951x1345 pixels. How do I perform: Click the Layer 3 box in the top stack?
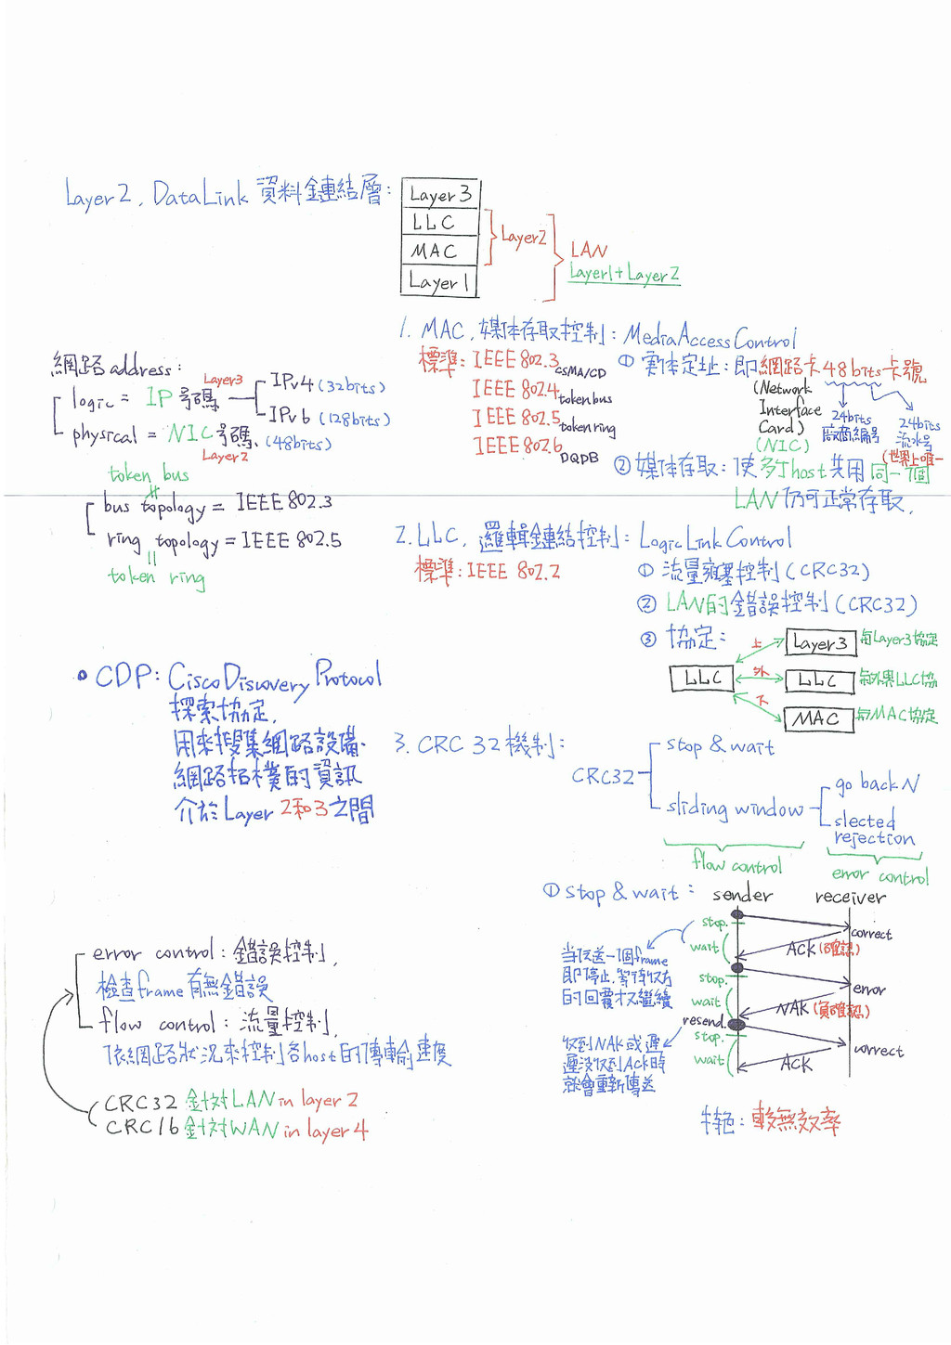[x=440, y=194]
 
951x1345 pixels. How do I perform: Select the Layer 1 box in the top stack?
[x=438, y=281]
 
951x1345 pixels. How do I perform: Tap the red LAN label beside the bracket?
[x=589, y=250]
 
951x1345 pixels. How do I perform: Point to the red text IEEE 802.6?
[x=517, y=446]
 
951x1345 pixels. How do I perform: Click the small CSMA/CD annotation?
[x=580, y=372]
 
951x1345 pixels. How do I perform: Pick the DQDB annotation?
[x=579, y=458]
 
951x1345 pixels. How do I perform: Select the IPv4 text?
[x=292, y=382]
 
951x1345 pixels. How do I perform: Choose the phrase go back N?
[x=877, y=784]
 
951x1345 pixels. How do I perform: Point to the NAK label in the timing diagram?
[x=792, y=1008]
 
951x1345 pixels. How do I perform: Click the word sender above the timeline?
[x=742, y=895]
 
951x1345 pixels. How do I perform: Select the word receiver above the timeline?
[x=850, y=897]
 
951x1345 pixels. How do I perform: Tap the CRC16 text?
[x=141, y=1127]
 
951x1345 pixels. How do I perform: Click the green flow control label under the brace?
[x=737, y=865]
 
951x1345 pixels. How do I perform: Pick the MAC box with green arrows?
[x=818, y=718]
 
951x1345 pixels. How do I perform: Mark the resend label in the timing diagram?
[x=702, y=1020]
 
